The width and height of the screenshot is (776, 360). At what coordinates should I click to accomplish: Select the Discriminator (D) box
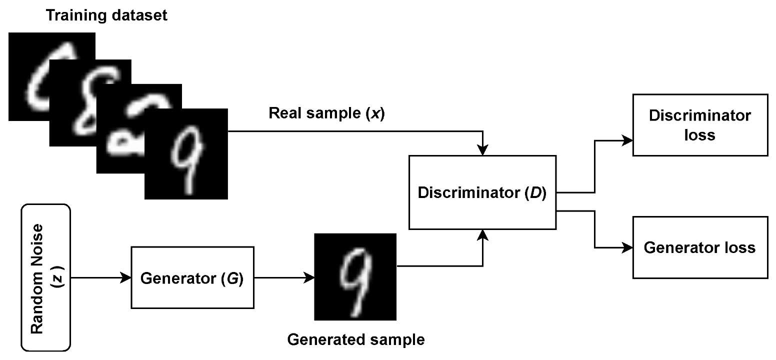point(482,192)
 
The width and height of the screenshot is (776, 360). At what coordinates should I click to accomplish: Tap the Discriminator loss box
point(700,124)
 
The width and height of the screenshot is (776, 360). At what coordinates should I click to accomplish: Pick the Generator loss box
point(700,247)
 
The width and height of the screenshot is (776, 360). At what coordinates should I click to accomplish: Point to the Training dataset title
point(106,15)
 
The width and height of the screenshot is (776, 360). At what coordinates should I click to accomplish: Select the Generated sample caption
point(355,340)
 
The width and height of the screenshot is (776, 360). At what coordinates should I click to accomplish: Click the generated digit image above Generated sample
point(355,276)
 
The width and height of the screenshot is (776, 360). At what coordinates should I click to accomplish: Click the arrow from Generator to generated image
point(282,277)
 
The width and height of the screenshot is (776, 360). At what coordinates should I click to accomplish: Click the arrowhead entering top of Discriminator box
point(482,150)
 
